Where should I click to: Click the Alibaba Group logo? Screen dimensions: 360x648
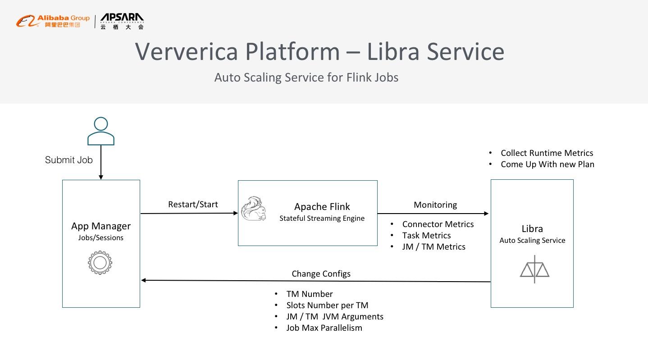coord(53,21)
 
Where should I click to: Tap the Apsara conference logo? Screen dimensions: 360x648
coord(122,21)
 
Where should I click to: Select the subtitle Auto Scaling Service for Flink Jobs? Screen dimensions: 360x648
coord(306,77)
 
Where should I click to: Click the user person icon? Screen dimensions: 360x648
coord(101,131)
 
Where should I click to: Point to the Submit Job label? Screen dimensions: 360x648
coord(69,160)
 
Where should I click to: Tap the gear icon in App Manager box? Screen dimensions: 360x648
coord(100,263)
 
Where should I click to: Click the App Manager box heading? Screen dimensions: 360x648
coord(101,226)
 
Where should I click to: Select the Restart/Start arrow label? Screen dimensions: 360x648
coord(193,204)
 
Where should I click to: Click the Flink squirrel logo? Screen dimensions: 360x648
coord(253,209)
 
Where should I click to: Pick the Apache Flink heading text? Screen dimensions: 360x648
coord(322,207)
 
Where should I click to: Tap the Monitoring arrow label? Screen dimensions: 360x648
coord(435,205)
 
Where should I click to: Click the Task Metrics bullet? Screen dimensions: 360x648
coord(426,236)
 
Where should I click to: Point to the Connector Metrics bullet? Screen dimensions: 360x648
coord(438,224)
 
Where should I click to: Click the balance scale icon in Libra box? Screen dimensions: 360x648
coord(534,269)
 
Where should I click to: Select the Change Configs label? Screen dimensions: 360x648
coord(321,274)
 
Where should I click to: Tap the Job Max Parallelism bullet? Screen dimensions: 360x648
coord(324,328)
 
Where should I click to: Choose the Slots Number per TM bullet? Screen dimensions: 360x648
coord(327,305)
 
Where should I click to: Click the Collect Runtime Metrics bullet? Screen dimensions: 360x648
coord(547,153)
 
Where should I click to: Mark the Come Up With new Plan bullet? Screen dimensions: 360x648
coord(547,164)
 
